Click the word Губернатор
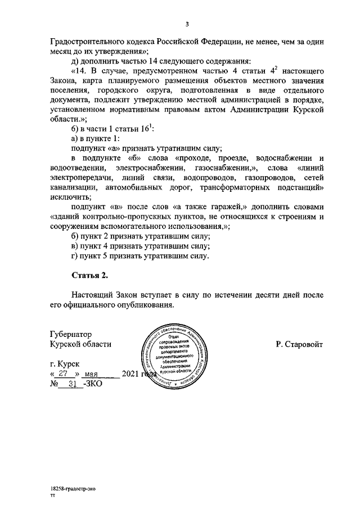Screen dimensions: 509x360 click(70, 334)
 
